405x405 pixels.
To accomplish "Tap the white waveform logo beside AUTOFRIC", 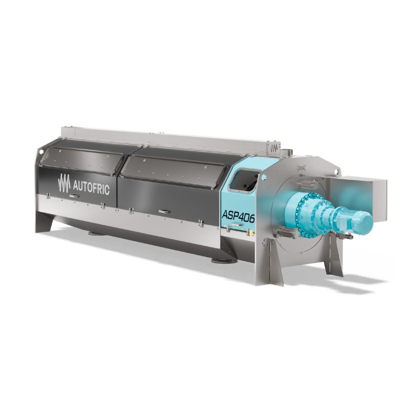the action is point(64,183).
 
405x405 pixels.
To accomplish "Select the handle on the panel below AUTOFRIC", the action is point(74,196).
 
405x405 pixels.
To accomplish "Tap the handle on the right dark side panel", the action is point(164,212).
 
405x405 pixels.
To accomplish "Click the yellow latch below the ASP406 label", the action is point(250,233).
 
